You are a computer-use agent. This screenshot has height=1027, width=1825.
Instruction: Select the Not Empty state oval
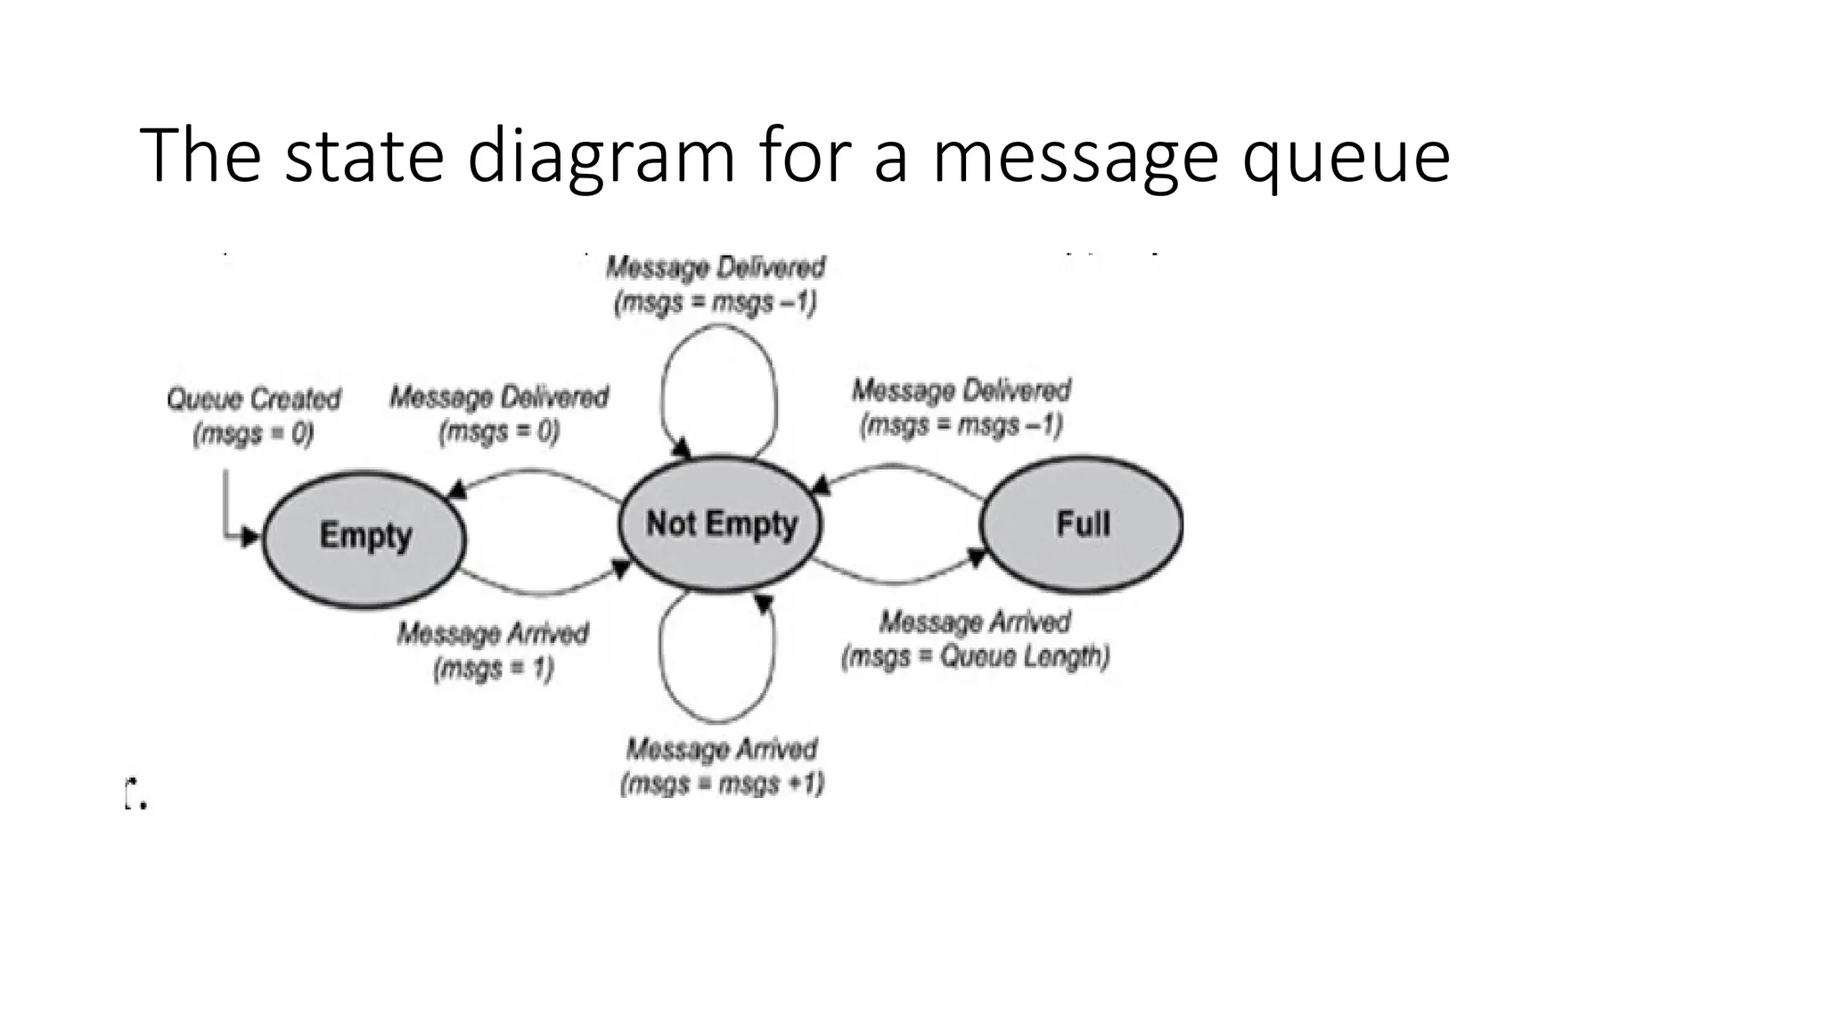(720, 524)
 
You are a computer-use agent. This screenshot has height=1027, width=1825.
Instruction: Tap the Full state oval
(1082, 524)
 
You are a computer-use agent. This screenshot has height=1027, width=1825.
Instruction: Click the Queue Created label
(254, 398)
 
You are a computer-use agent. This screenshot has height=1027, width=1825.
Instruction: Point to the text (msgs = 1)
(494, 669)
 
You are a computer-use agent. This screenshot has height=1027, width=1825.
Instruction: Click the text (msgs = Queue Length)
(976, 658)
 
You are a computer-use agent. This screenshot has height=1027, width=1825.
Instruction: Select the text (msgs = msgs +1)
(722, 785)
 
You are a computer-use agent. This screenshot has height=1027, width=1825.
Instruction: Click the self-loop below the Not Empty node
(717, 719)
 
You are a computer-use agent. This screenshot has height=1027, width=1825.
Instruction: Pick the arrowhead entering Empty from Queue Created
(250, 537)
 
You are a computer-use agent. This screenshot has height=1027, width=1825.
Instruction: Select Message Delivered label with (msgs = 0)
(499, 398)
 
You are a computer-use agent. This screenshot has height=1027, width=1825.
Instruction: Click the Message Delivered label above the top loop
(716, 267)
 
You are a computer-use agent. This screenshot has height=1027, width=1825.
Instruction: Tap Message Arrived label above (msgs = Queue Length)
(975, 622)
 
